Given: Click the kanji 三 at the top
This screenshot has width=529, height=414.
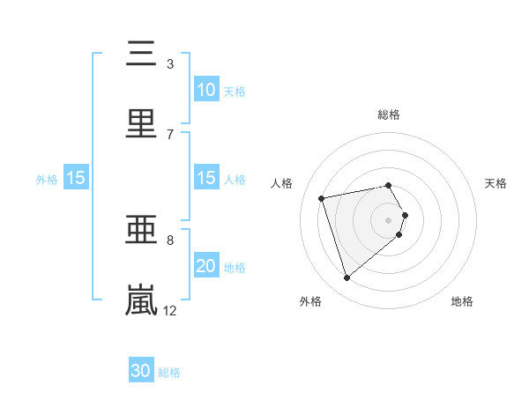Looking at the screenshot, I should coord(141,54).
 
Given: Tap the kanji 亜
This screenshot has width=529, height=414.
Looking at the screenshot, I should coord(141,231).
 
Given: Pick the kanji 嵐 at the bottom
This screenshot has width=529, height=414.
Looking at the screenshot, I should coord(141,299).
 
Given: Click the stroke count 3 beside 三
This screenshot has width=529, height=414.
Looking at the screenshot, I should coord(169,64).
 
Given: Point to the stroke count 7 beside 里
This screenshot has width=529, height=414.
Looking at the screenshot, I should coord(169,134).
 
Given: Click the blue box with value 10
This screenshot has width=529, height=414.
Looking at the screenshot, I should coord(205,90).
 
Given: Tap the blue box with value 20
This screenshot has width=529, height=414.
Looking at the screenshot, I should coord(205,266).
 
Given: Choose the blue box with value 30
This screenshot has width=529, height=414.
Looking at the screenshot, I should coord(141,371).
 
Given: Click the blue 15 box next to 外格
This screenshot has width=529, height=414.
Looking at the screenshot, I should coord(76,178).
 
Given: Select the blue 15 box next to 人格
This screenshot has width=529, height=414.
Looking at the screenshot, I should coord(205,178).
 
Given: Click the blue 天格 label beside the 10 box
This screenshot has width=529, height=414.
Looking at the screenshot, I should coord(235,91).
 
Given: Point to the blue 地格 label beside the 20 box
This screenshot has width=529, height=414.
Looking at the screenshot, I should coord(235,267).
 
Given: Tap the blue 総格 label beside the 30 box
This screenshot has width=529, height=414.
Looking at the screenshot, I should coord(169,372).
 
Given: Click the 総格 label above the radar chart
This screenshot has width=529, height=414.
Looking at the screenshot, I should coord(389,115).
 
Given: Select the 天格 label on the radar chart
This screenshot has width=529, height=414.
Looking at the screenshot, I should coord(496,183).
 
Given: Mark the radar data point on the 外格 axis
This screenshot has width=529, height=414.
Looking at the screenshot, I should coord(346,278).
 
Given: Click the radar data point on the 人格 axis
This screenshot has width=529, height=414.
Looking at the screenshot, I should coord(322,197).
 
